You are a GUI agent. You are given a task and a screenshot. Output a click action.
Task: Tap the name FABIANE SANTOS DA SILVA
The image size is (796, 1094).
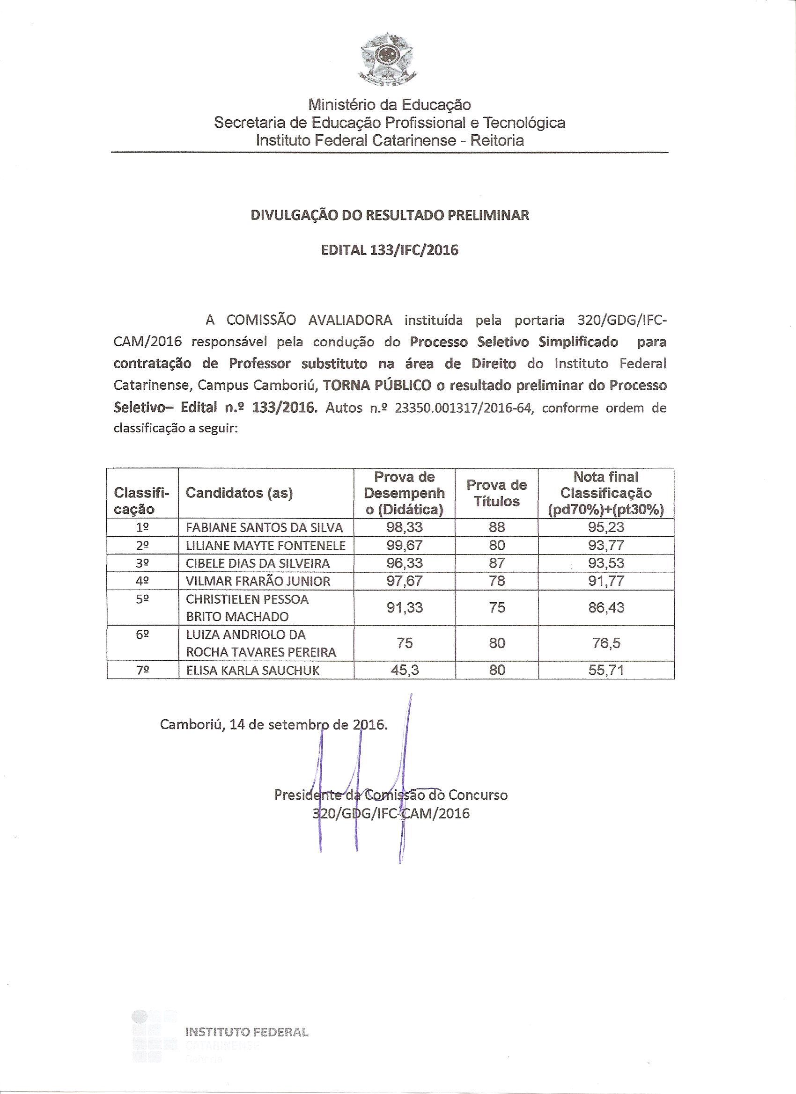click(265, 528)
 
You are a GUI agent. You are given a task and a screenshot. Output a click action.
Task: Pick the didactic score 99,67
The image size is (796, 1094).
click(405, 546)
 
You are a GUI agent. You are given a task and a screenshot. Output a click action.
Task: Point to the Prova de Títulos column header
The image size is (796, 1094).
click(496, 493)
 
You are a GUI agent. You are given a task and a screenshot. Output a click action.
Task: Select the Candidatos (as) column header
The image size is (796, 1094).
click(239, 493)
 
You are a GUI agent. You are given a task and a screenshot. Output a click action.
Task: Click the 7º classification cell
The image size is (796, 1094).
click(142, 670)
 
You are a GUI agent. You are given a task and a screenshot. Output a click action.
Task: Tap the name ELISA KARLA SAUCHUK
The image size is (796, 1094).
click(252, 671)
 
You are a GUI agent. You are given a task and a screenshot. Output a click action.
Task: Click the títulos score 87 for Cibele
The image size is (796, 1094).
click(497, 563)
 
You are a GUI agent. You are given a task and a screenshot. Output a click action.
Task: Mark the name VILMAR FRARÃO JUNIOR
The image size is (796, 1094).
click(258, 582)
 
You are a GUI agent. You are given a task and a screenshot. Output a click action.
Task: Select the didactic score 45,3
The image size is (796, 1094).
click(405, 670)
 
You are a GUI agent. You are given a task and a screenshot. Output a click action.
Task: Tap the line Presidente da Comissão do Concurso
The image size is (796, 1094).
click(391, 795)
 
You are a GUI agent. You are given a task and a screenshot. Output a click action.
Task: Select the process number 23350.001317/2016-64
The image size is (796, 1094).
click(464, 408)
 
